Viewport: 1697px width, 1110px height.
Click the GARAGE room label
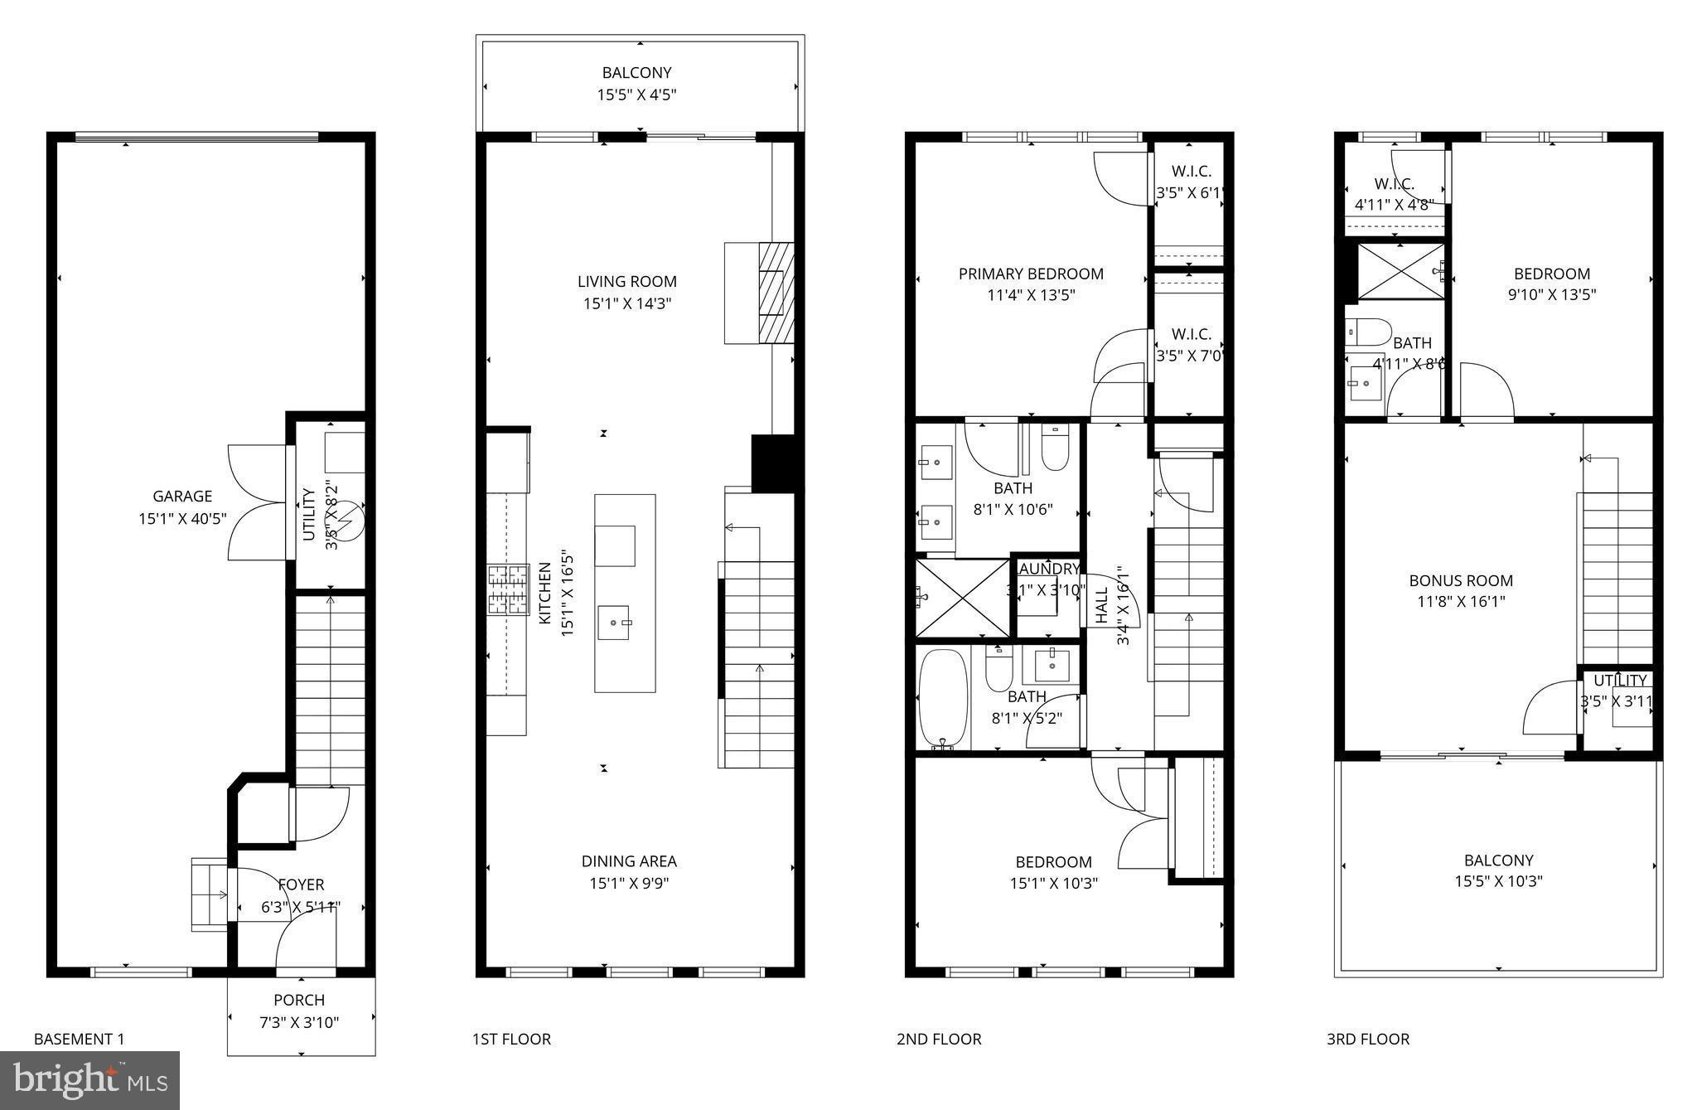[182, 497]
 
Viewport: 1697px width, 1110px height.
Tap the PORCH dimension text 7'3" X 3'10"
[299, 1022]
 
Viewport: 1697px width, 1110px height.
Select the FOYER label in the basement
[301, 885]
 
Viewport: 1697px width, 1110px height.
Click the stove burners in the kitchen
[508, 590]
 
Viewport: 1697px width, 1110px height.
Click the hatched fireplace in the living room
[776, 292]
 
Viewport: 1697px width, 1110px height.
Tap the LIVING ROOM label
[627, 282]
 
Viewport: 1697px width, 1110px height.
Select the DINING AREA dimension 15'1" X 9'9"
[629, 883]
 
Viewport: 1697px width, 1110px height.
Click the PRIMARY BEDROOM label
[1031, 274]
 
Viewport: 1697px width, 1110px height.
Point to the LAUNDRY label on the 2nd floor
[1049, 569]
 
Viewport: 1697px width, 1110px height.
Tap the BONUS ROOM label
[1461, 580]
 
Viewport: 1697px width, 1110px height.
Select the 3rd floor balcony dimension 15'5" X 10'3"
[1498, 881]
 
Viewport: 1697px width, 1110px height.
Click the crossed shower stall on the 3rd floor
[1400, 270]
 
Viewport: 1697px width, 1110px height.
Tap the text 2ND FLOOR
[939, 1039]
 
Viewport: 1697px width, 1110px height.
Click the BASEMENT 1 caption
[80, 1039]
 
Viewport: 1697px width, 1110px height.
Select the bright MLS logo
[90, 1080]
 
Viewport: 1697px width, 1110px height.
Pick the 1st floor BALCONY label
[636, 73]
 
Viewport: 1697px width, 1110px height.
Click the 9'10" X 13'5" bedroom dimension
[1552, 294]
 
